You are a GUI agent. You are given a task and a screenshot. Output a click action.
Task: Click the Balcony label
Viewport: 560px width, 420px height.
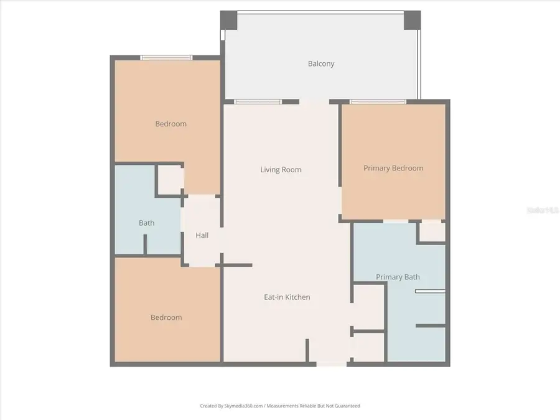click(x=321, y=63)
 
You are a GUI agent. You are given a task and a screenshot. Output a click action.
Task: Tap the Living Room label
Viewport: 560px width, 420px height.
click(x=281, y=169)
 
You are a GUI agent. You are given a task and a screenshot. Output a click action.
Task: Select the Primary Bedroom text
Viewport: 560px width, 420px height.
click(x=393, y=168)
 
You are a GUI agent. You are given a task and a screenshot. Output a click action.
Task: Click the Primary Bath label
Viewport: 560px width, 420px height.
click(x=398, y=277)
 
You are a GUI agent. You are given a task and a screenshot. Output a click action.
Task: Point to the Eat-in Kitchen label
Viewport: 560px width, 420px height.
click(x=287, y=297)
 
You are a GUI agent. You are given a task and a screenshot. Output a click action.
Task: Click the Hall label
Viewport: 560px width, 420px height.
click(x=202, y=235)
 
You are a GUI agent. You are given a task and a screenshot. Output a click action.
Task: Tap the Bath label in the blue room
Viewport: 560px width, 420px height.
click(x=147, y=223)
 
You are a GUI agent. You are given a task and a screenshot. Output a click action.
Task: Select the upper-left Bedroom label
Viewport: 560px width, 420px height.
click(x=170, y=124)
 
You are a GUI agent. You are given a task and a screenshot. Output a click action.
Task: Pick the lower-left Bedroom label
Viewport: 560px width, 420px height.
click(x=166, y=317)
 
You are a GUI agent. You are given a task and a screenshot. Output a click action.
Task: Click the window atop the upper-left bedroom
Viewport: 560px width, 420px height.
click(x=166, y=58)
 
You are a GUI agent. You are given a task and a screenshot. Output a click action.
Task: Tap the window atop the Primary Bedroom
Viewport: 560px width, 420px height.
click(x=378, y=101)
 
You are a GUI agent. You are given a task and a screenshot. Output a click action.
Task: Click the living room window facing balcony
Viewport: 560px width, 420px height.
click(x=258, y=101)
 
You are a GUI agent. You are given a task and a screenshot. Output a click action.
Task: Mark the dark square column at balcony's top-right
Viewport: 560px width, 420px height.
click(x=412, y=20)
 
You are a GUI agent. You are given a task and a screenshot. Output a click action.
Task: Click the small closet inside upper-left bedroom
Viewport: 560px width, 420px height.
click(x=169, y=180)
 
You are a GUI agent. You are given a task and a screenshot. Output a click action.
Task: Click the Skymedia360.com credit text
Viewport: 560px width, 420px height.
click(x=279, y=406)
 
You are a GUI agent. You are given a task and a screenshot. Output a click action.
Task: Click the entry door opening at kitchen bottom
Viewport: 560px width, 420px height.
click(x=332, y=363)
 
